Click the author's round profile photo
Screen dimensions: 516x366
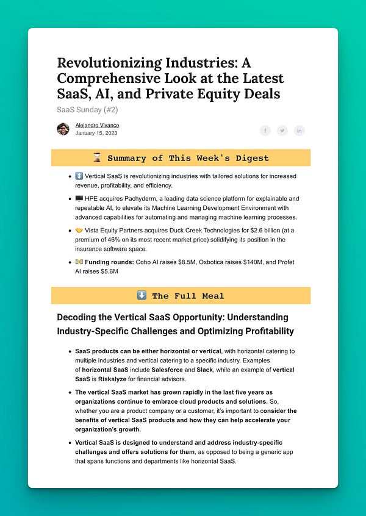63,129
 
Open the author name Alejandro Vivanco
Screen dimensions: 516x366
97,125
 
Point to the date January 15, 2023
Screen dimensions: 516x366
96,133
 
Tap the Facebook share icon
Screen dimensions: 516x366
265,131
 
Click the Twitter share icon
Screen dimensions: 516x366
282,131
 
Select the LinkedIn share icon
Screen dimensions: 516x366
299,131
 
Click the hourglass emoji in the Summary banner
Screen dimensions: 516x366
98,158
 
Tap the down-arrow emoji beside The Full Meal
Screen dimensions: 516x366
142,296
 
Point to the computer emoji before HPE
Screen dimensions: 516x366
79,199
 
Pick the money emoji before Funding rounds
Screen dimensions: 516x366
79,262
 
